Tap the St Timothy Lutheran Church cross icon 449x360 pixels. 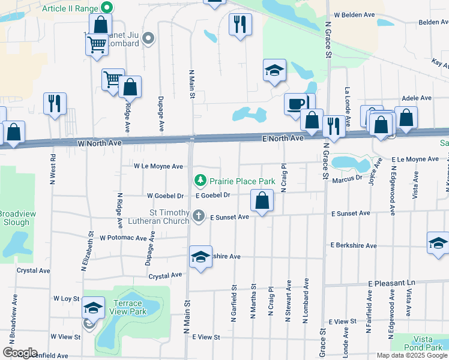pos(199,215)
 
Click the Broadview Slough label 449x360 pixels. pos(14,218)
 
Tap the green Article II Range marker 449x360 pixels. pos(107,8)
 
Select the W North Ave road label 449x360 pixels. pos(100,143)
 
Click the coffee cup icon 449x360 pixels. pos(295,103)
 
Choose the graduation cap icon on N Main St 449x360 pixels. pos(200,256)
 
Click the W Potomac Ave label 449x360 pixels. pos(123,238)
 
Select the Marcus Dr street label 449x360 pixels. pos(346,177)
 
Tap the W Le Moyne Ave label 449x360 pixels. pos(158,166)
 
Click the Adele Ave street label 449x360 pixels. pos(417,98)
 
